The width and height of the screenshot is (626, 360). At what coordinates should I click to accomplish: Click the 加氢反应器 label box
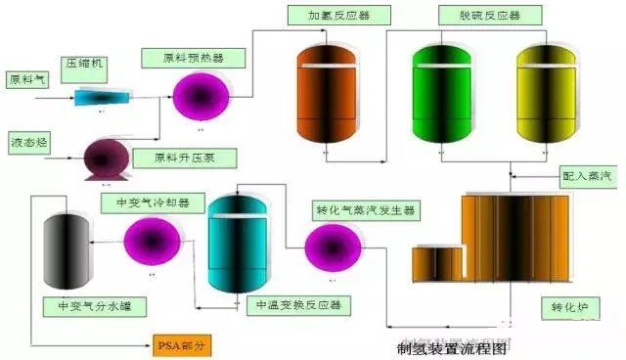click(x=337, y=16)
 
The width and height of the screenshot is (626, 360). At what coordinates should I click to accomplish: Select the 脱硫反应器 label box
click(x=479, y=16)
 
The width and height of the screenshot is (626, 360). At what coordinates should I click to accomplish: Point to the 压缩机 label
click(x=84, y=65)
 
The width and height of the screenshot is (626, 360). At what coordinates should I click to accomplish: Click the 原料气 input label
click(x=27, y=79)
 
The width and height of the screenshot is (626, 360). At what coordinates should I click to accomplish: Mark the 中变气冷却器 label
click(x=154, y=202)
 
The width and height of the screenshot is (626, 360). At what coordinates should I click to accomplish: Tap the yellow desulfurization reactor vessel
click(x=544, y=96)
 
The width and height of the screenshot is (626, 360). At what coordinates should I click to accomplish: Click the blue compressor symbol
click(x=98, y=97)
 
